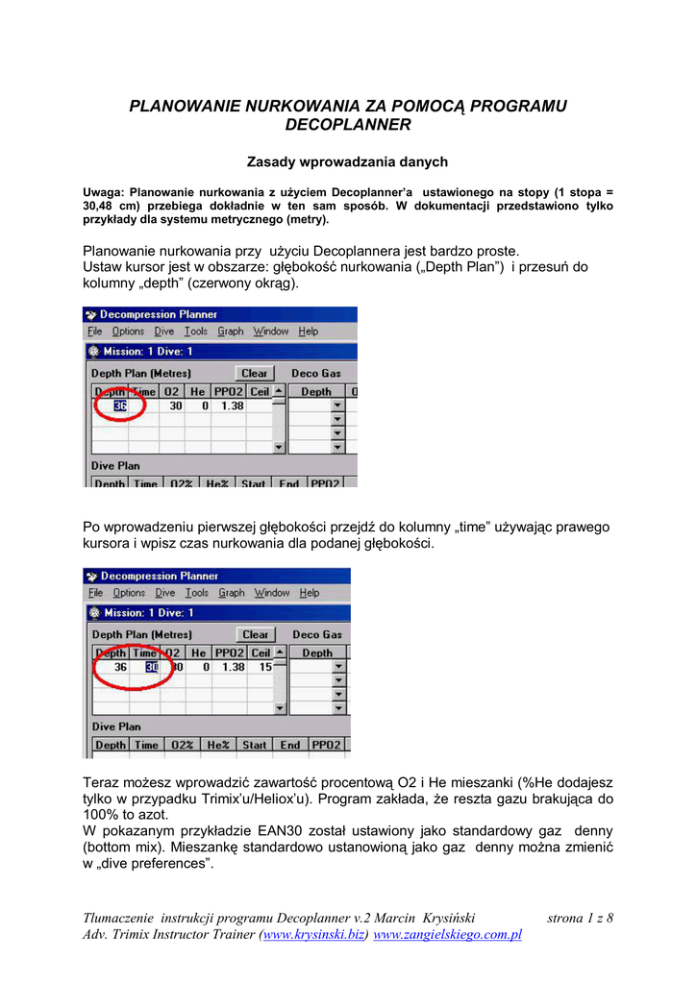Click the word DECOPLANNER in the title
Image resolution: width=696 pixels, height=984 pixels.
(x=348, y=125)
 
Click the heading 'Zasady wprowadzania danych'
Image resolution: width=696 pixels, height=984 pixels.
(x=348, y=161)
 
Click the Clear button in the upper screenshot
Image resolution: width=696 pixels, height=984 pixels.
(x=255, y=373)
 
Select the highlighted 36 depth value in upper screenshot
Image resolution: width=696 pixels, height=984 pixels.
(x=120, y=406)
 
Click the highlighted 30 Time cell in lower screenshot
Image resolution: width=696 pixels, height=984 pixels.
(x=151, y=667)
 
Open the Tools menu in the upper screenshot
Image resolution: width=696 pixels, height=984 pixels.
(x=195, y=332)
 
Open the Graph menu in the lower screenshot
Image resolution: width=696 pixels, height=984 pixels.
(x=232, y=593)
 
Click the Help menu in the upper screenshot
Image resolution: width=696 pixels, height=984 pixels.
(x=308, y=332)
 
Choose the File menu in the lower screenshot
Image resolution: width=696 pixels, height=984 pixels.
(x=96, y=593)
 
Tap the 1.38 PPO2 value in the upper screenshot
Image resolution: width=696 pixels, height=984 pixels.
(x=232, y=406)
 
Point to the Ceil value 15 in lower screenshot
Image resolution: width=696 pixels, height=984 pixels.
(x=264, y=667)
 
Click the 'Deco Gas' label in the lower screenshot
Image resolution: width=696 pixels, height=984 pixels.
(x=317, y=634)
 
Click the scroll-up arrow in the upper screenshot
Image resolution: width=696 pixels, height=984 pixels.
(x=279, y=392)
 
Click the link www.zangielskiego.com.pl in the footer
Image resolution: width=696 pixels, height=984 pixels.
(x=447, y=935)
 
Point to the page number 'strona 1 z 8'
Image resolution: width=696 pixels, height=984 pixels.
(x=580, y=919)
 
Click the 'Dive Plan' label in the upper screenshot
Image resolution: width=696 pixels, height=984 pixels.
(x=115, y=466)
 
